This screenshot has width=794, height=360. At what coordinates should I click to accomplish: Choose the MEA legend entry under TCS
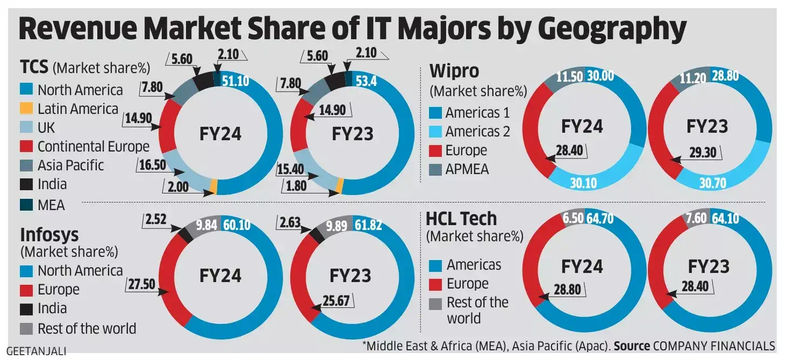pos(51,205)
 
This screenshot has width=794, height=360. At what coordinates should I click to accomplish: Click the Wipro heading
pos(454,70)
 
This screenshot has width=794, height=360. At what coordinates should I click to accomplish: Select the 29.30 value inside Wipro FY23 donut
pos(702,153)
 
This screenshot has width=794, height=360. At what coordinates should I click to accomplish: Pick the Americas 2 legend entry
pos(477,131)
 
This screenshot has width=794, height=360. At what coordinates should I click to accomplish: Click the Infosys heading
pos(49,235)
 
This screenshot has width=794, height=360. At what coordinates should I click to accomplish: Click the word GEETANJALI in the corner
pos(37,351)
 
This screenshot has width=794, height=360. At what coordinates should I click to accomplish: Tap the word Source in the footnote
pos(632,345)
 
